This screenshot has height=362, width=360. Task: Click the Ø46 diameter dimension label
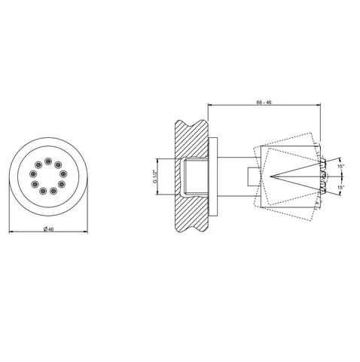(x=48, y=229)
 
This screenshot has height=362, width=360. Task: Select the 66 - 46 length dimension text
(x=264, y=103)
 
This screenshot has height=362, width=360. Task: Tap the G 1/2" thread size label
(x=154, y=176)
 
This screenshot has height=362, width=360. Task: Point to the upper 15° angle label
(x=340, y=166)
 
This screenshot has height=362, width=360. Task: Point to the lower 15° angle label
(x=340, y=187)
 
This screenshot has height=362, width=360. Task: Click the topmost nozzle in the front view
(x=48, y=161)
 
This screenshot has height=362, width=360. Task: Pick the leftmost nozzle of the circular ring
(x=33, y=173)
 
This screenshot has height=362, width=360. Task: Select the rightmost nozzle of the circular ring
(x=63, y=173)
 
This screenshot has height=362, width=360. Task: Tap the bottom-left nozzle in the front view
(x=43, y=191)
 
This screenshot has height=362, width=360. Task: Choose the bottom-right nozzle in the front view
(x=53, y=191)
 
